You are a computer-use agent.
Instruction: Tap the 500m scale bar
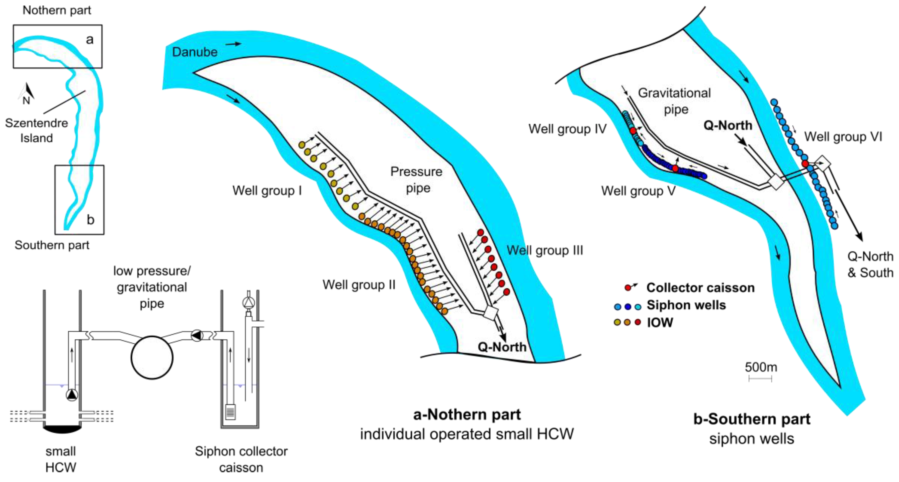pyautogui.click(x=760, y=378)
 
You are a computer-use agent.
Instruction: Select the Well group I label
pyautogui.click(x=267, y=190)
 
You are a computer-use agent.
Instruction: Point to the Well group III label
pyautogui.click(x=545, y=250)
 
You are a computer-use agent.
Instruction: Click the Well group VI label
pyautogui.click(x=843, y=136)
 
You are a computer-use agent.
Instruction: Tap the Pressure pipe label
pyautogui.click(x=416, y=179)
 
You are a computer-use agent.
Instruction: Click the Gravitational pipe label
pyautogui.click(x=674, y=101)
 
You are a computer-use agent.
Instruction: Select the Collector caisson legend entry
pyautogui.click(x=700, y=287)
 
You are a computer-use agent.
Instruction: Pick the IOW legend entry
pyautogui.click(x=660, y=322)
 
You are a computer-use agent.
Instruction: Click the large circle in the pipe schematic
pyautogui.click(x=152, y=357)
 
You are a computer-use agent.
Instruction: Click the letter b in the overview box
pyautogui.click(x=91, y=220)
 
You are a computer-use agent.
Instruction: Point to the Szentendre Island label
pyautogui.click(x=36, y=130)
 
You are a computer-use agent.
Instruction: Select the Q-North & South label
pyautogui.click(x=870, y=264)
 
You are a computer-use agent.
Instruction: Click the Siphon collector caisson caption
pyautogui.click(x=241, y=459)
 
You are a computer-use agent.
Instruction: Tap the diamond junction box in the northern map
pyautogui.click(x=491, y=313)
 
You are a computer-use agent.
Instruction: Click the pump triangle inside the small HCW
pyautogui.click(x=72, y=395)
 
